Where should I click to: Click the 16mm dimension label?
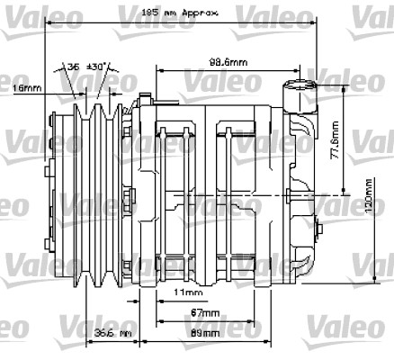coord(26,88)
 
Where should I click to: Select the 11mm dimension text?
coord(189,293)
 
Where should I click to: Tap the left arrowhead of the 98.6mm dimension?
coord(160,68)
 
